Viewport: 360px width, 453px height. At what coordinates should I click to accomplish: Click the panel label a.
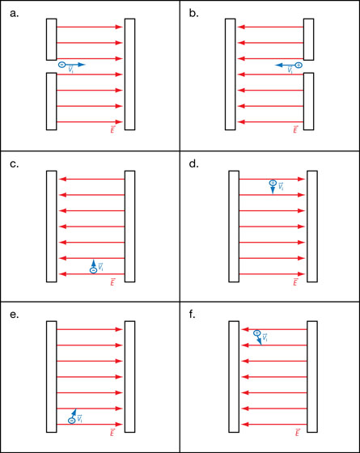click(x=15, y=14)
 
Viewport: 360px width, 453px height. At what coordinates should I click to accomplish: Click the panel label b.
click(x=194, y=13)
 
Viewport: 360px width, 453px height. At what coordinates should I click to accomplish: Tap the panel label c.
click(x=15, y=164)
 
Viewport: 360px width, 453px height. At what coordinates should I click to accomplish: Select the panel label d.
click(x=194, y=163)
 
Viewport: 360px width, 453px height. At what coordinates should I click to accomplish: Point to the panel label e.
click(x=15, y=315)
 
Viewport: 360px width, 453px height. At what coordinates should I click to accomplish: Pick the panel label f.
click(x=193, y=314)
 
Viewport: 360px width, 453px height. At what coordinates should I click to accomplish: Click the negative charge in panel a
click(x=61, y=65)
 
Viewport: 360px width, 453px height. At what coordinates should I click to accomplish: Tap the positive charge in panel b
click(x=299, y=65)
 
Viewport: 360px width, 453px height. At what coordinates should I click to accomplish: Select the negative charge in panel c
click(x=93, y=270)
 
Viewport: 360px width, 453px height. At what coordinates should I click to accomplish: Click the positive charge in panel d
click(x=273, y=183)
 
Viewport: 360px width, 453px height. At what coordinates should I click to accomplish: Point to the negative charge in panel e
click(x=72, y=421)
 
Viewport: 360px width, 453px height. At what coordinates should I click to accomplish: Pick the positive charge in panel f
click(x=257, y=333)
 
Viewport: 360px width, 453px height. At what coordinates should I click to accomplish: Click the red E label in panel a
click(x=112, y=129)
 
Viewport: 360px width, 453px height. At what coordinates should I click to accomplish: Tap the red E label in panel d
click(x=295, y=282)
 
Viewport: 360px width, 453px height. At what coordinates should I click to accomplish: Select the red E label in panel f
click(x=297, y=432)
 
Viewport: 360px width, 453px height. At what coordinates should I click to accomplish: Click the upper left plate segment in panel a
click(x=52, y=40)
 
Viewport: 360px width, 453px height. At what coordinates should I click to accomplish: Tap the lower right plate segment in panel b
click(x=308, y=101)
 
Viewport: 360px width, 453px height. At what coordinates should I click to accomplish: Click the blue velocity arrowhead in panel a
click(x=82, y=65)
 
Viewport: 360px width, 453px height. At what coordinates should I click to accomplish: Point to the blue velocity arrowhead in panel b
click(x=278, y=66)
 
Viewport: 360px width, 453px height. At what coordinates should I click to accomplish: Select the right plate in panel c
click(x=129, y=226)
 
